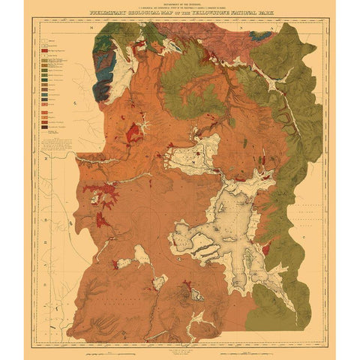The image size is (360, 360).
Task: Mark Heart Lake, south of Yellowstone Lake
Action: [x=196, y=295]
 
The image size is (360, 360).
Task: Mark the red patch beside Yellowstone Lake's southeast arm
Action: [x=264, y=247]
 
